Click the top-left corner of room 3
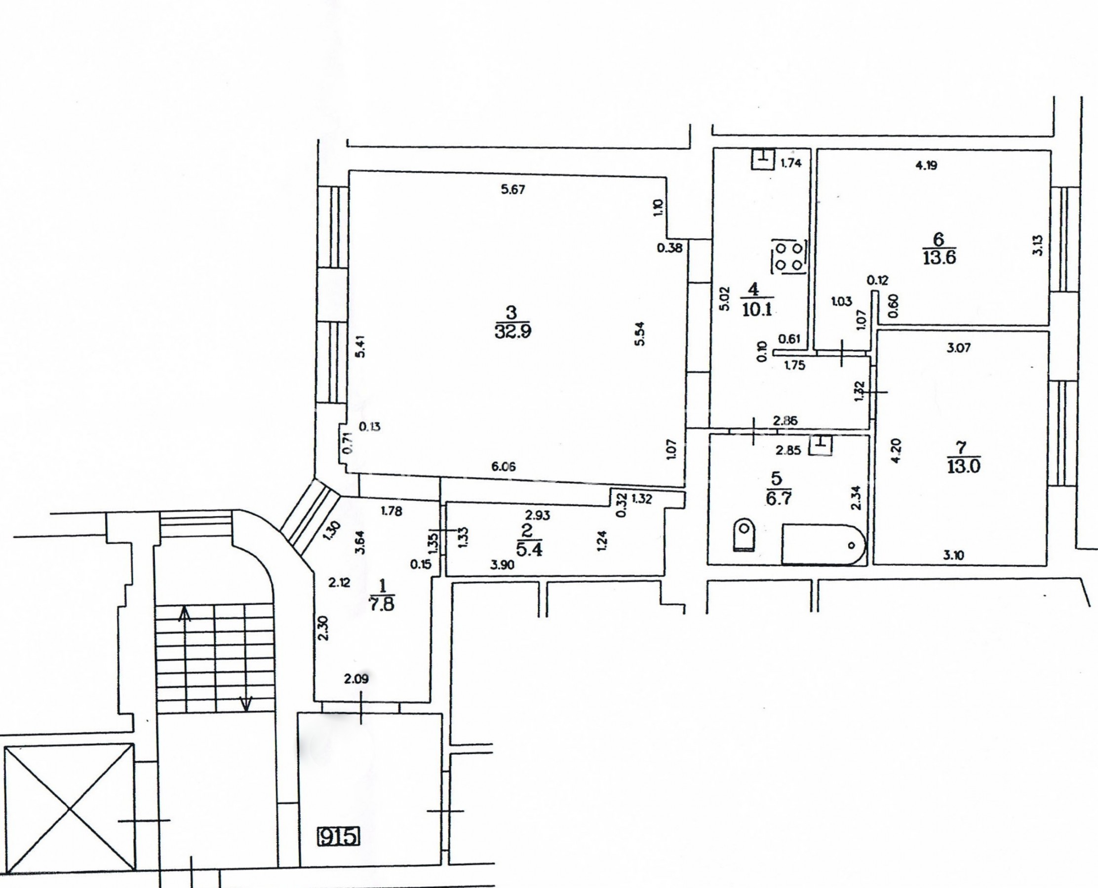coord(349,171)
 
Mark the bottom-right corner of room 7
coord(1046,565)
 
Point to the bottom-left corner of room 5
coord(708,565)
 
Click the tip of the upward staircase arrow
coord(184,607)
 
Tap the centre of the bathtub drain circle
coord(852,545)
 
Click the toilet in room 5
coord(745,535)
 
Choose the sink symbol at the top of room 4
coord(763,158)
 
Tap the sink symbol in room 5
coord(821,444)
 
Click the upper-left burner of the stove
coord(781,249)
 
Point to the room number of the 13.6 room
coord(939,239)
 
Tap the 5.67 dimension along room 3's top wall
coord(513,190)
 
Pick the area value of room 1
coord(382,606)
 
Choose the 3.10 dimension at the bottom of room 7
coord(953,555)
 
